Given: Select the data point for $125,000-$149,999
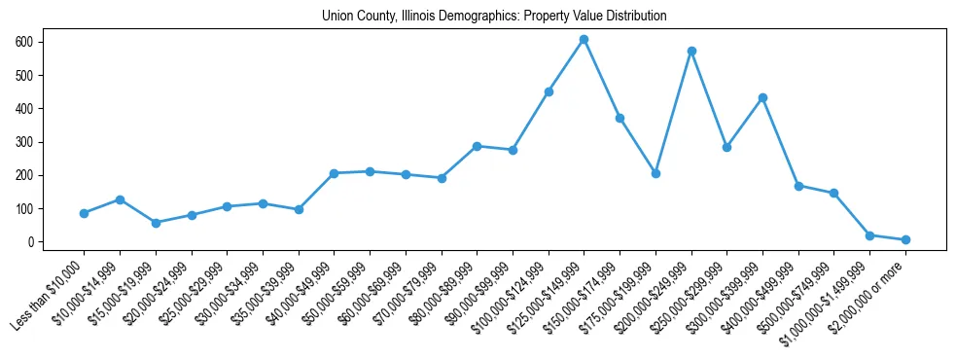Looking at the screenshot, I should pyautogui.click(x=584, y=40).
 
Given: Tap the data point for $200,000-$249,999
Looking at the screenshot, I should pyautogui.click(x=691, y=51).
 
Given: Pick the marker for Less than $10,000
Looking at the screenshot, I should pyautogui.click(x=84, y=213).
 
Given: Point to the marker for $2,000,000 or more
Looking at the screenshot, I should pyautogui.click(x=905, y=239).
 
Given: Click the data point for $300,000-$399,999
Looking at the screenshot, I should pyautogui.click(x=762, y=97).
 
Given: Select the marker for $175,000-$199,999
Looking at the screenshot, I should pyautogui.click(x=655, y=173).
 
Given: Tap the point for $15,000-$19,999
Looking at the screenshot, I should pyautogui.click(x=156, y=223).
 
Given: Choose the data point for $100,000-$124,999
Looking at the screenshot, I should pyautogui.click(x=549, y=91).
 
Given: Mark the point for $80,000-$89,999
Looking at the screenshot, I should pyautogui.click(x=477, y=146).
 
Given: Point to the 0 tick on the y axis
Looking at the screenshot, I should pyautogui.click(x=32, y=241).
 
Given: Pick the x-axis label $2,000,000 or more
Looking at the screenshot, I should pyautogui.click(x=869, y=297).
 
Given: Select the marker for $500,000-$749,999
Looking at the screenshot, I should pyautogui.click(x=833, y=193).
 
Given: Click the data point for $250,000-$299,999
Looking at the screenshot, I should pyautogui.click(x=726, y=147).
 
